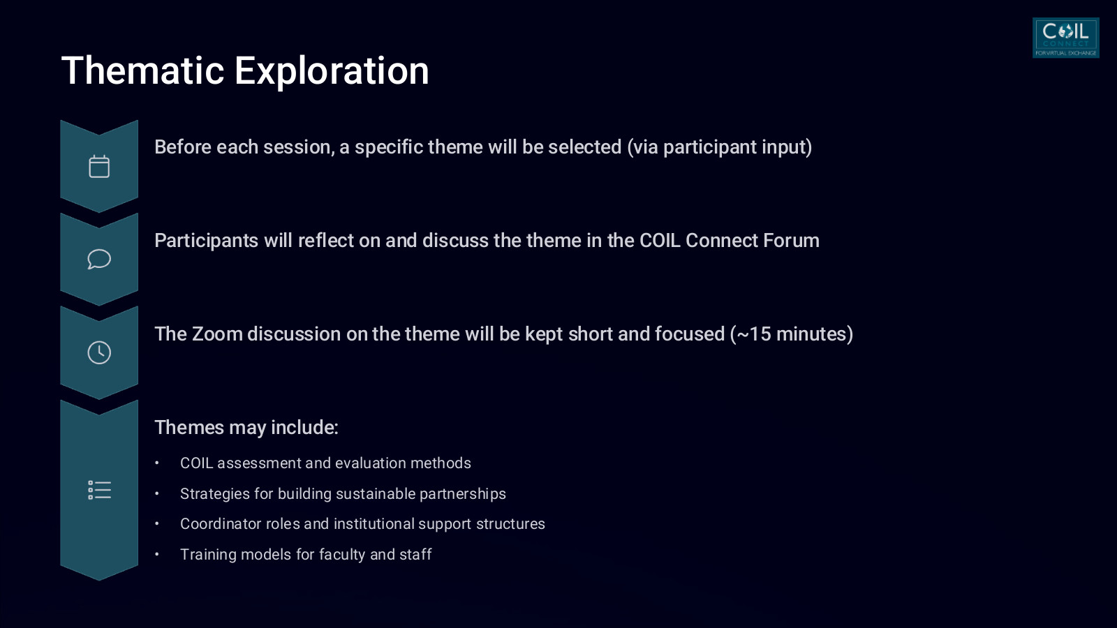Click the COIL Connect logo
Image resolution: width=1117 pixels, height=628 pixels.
point(1065,38)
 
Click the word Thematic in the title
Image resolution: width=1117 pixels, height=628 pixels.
point(142,70)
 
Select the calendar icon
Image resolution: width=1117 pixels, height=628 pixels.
point(99,167)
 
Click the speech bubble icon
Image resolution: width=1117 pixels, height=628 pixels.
point(99,259)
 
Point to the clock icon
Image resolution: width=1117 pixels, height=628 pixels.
point(99,353)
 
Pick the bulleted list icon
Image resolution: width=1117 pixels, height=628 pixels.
point(99,490)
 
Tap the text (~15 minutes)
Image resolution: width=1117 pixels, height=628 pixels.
point(792,334)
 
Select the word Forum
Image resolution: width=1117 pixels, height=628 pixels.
point(792,241)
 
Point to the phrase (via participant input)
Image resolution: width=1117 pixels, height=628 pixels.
point(720,147)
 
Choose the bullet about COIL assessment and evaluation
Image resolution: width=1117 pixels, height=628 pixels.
point(325,463)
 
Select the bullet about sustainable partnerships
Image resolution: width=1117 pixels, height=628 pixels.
point(343,494)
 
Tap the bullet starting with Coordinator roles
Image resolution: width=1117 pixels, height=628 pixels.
point(362,524)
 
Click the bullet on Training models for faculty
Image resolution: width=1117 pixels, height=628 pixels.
point(306,554)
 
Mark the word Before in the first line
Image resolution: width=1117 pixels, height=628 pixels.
point(182,147)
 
